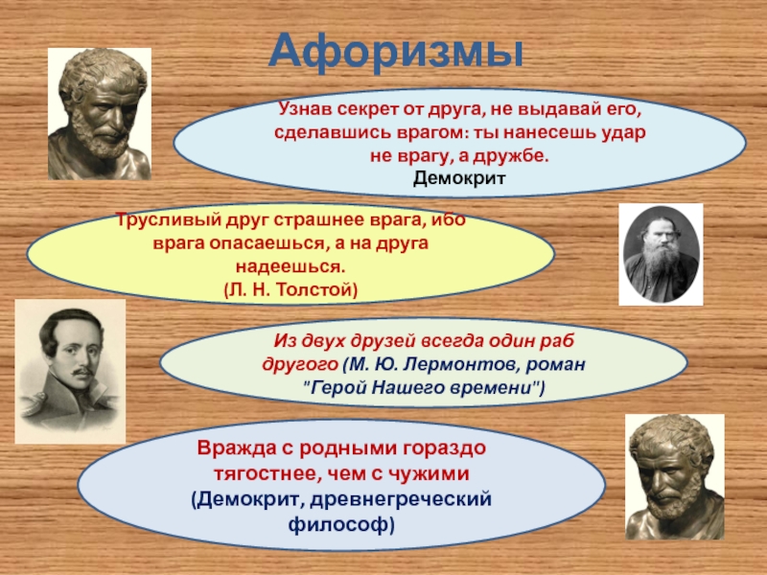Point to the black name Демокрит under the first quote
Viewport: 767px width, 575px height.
tap(459, 178)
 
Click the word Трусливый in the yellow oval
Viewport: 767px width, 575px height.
tap(166, 220)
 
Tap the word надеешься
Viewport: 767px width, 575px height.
tap(291, 267)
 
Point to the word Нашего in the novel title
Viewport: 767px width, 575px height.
tap(406, 388)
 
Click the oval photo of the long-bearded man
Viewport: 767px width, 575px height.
tap(661, 254)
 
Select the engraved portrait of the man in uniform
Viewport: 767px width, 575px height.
tap(70, 372)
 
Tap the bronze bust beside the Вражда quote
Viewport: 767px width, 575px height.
tap(675, 477)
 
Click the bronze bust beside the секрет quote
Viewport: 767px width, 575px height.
tap(100, 113)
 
